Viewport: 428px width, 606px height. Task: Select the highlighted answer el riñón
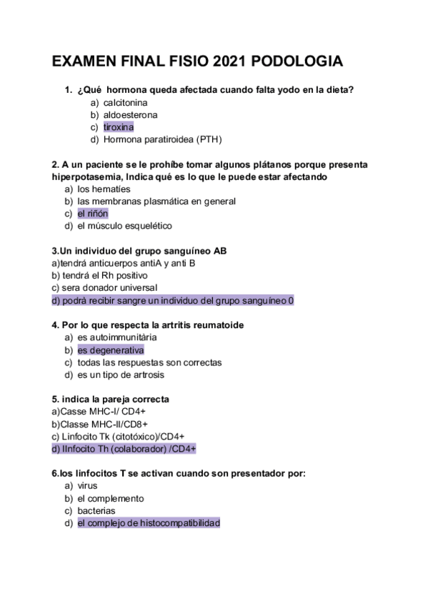(x=93, y=214)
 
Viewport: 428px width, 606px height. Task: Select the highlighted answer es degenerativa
(x=111, y=350)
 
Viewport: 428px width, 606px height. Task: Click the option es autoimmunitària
(x=117, y=337)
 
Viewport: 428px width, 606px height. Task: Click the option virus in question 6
(x=88, y=486)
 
